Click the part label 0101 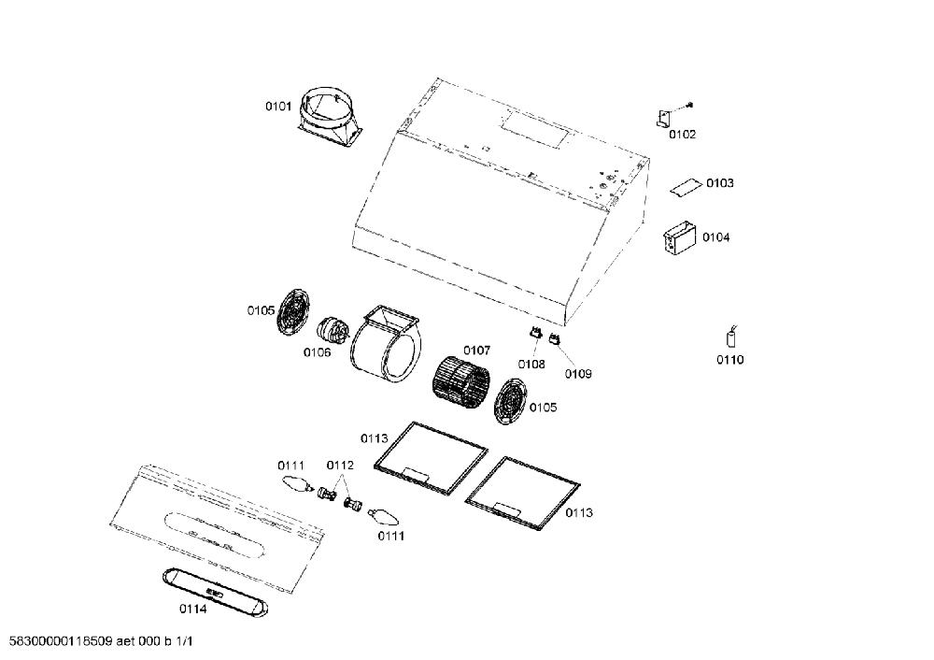click(278, 107)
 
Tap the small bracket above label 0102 click(663, 118)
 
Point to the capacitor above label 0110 click(731, 337)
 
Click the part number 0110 click(729, 360)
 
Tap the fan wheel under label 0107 click(460, 383)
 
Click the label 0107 click(476, 351)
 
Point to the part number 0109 click(578, 374)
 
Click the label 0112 click(340, 466)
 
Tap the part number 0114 click(193, 610)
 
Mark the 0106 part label click(317, 352)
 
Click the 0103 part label click(719, 183)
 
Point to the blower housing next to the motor click(386, 344)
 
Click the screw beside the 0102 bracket click(690, 105)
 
